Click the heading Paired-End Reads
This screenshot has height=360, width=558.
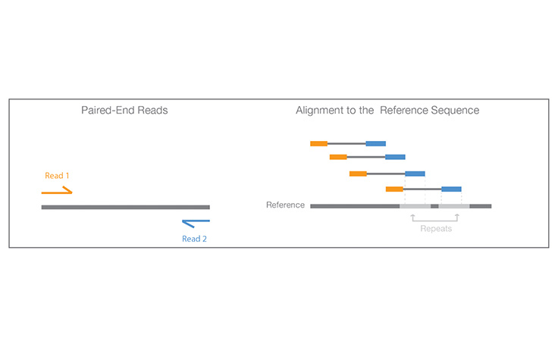124,111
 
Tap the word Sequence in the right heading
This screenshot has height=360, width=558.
451,111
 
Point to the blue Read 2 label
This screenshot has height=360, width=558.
194,239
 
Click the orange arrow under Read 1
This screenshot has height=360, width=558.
57,191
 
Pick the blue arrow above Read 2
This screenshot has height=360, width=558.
196,223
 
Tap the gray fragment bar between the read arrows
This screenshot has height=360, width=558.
125,207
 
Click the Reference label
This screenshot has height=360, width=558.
286,205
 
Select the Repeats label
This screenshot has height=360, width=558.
435,227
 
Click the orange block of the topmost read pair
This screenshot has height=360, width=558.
318,143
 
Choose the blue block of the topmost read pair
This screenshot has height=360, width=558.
375,143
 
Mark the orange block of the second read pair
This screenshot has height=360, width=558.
338,157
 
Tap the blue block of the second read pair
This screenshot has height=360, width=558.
395,157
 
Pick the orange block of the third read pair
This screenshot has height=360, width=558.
358,174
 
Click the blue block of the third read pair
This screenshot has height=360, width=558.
415,174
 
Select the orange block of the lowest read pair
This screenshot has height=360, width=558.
394,189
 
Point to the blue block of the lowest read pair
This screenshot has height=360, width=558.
451,189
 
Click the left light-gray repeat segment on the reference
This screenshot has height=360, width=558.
415,205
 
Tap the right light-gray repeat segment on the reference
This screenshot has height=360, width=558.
454,205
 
